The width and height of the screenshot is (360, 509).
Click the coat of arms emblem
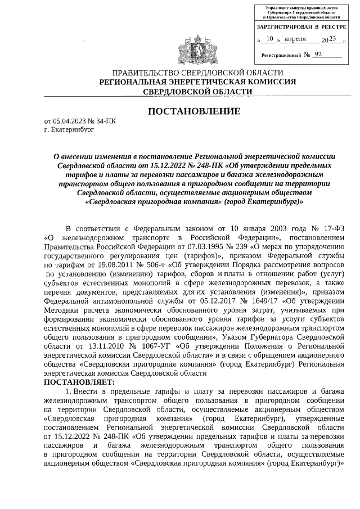point(197,47)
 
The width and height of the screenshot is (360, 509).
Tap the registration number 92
point(319,55)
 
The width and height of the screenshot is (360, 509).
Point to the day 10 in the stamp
point(270,39)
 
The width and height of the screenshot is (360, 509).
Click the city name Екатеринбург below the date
point(70,129)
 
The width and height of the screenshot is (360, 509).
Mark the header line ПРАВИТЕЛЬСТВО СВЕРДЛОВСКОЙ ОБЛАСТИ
point(197,73)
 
